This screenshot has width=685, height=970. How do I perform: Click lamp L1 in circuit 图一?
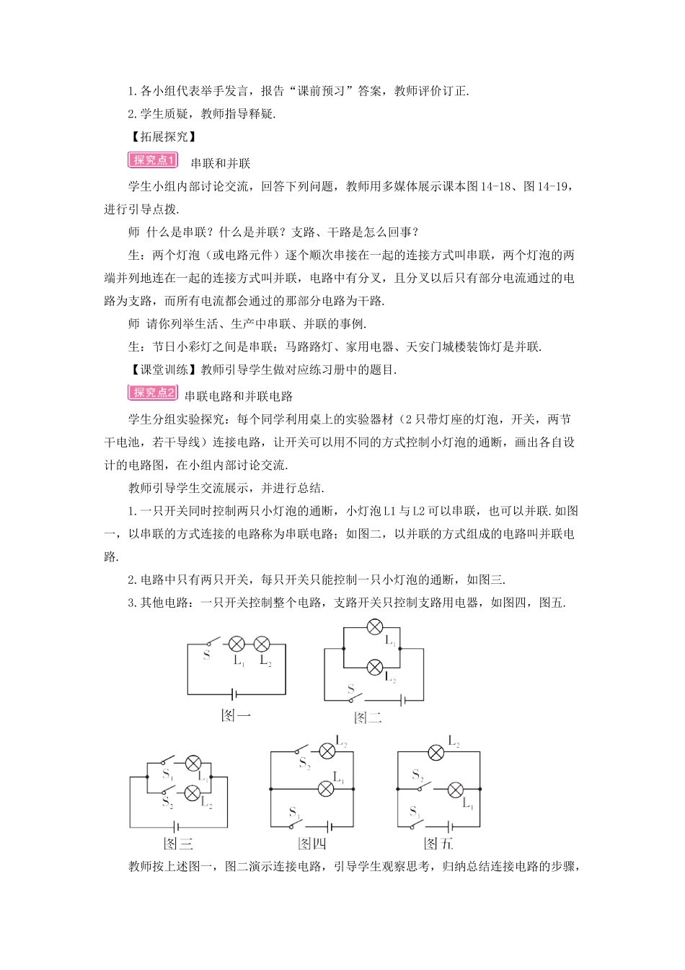tap(236, 644)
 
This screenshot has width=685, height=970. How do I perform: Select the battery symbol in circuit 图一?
tap(234, 694)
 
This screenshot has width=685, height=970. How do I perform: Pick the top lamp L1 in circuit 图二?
tap(375, 627)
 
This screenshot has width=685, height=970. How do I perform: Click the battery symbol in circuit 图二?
tap(402, 700)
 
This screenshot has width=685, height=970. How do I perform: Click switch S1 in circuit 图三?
tap(167, 761)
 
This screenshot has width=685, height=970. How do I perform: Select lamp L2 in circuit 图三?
tap(192, 793)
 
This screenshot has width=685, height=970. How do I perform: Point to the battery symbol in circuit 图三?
tap(177, 827)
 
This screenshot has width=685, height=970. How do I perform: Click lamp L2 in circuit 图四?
tap(327, 751)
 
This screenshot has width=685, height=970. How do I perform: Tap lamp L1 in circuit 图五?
tap(455, 790)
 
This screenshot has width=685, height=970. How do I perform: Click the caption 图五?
tap(438, 844)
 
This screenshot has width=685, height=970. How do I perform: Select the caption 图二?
tap(368, 717)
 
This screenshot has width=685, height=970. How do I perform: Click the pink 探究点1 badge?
tap(153, 160)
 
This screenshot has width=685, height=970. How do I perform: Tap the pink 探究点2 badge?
tap(153, 393)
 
